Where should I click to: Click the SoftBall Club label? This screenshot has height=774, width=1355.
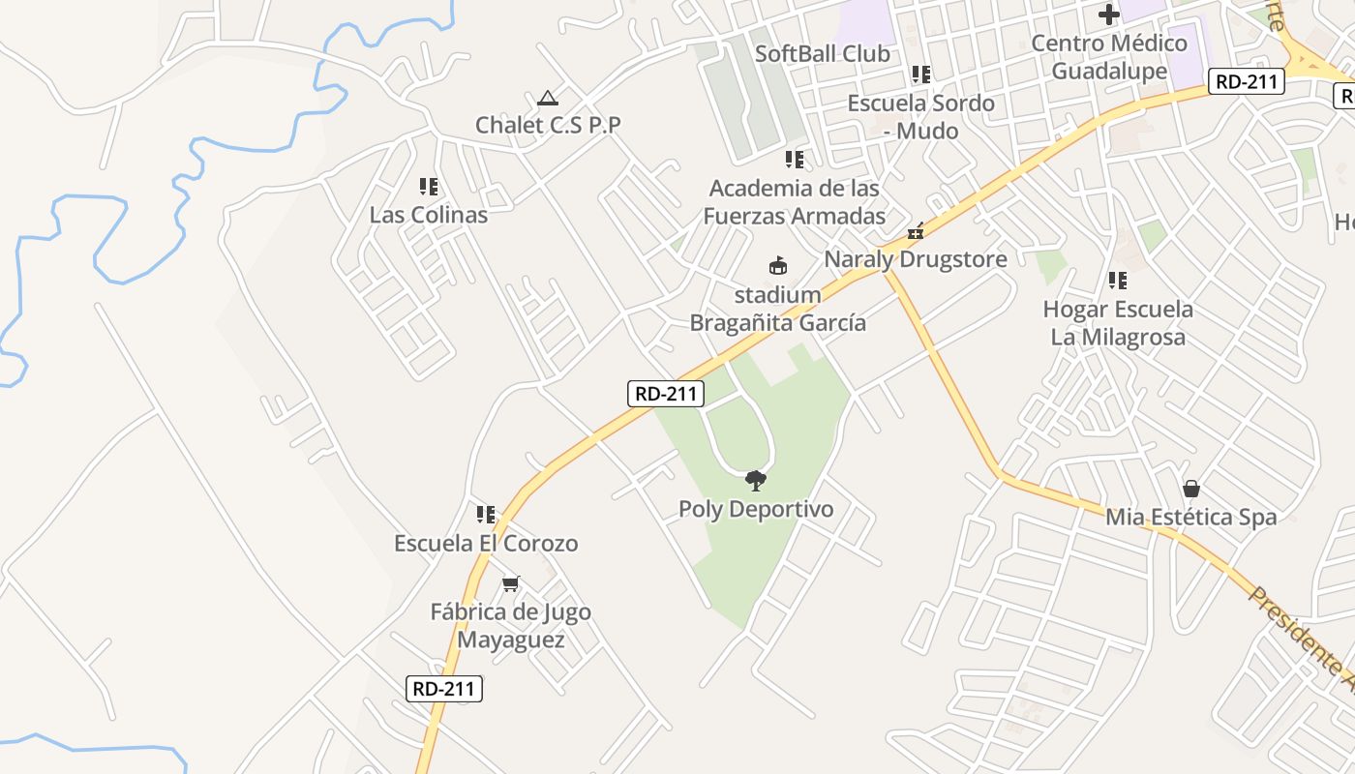point(822,54)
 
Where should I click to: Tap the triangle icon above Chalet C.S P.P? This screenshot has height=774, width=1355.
point(548,98)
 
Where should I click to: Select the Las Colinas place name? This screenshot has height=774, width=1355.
point(428,215)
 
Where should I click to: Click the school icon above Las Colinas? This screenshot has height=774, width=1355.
point(429,186)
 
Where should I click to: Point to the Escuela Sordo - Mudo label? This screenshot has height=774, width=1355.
point(920,117)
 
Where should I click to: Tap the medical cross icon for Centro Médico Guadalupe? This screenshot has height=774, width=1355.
point(1109,15)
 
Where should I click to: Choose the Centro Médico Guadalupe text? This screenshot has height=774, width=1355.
point(1109,57)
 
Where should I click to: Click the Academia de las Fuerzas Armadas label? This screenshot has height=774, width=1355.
point(794,201)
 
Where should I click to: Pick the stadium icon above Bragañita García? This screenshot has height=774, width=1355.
point(777,264)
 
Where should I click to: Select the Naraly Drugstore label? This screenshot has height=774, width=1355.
point(915,259)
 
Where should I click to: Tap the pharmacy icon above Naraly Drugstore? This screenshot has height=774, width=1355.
point(915,231)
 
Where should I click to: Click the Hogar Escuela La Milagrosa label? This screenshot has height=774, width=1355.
point(1118,323)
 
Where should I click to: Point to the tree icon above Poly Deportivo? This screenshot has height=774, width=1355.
point(755,480)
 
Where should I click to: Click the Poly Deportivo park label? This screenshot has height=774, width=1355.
point(755,509)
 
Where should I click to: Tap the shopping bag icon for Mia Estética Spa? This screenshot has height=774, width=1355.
point(1191,489)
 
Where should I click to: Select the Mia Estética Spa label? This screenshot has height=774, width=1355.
point(1191,517)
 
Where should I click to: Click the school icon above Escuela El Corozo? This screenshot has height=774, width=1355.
point(486,515)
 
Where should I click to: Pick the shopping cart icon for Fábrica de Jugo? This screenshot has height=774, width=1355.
point(510,583)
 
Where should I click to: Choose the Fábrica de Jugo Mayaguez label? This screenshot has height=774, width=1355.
point(510,626)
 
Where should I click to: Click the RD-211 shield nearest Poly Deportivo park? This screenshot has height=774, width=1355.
point(668,394)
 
